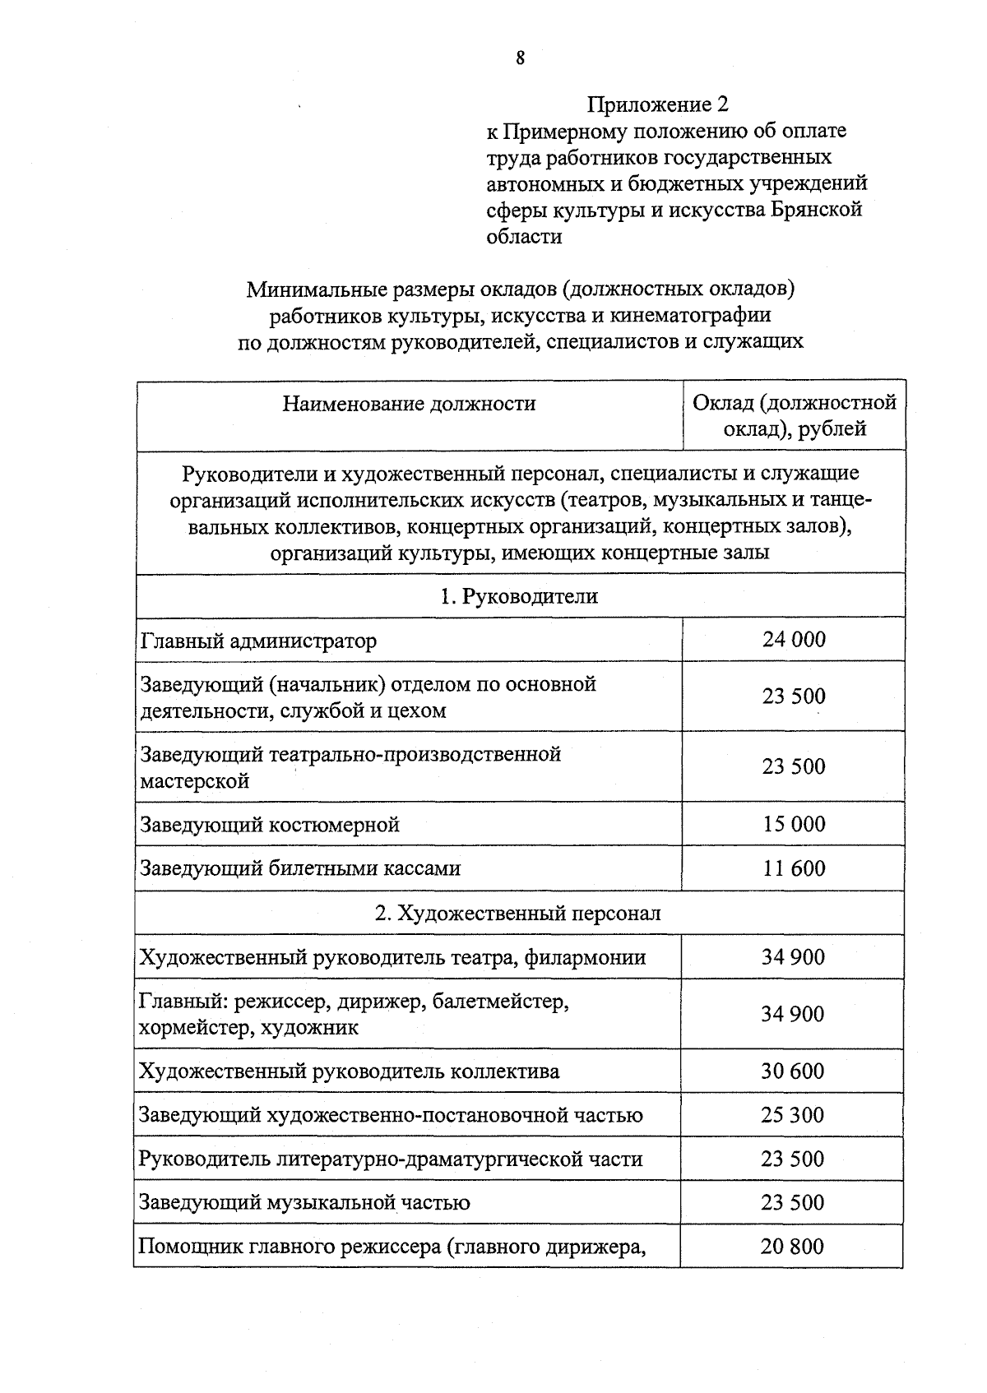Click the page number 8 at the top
pos(520,58)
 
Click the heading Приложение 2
pos(657,104)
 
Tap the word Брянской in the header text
pos(816,210)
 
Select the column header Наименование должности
pos(409,404)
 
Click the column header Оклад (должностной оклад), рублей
pos(794,415)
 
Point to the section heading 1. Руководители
pos(519,596)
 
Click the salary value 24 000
pos(793,640)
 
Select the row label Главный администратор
pos(258,641)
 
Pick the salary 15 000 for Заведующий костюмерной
pos(793,824)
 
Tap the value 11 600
pos(793,868)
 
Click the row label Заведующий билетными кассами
pos(300,868)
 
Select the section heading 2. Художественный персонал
pos(519,913)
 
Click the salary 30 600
pos(793,1071)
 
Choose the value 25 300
pos(793,1115)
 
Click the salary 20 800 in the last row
pos(791,1247)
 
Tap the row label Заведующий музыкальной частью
pos(304,1203)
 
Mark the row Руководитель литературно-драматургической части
pos(390,1159)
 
